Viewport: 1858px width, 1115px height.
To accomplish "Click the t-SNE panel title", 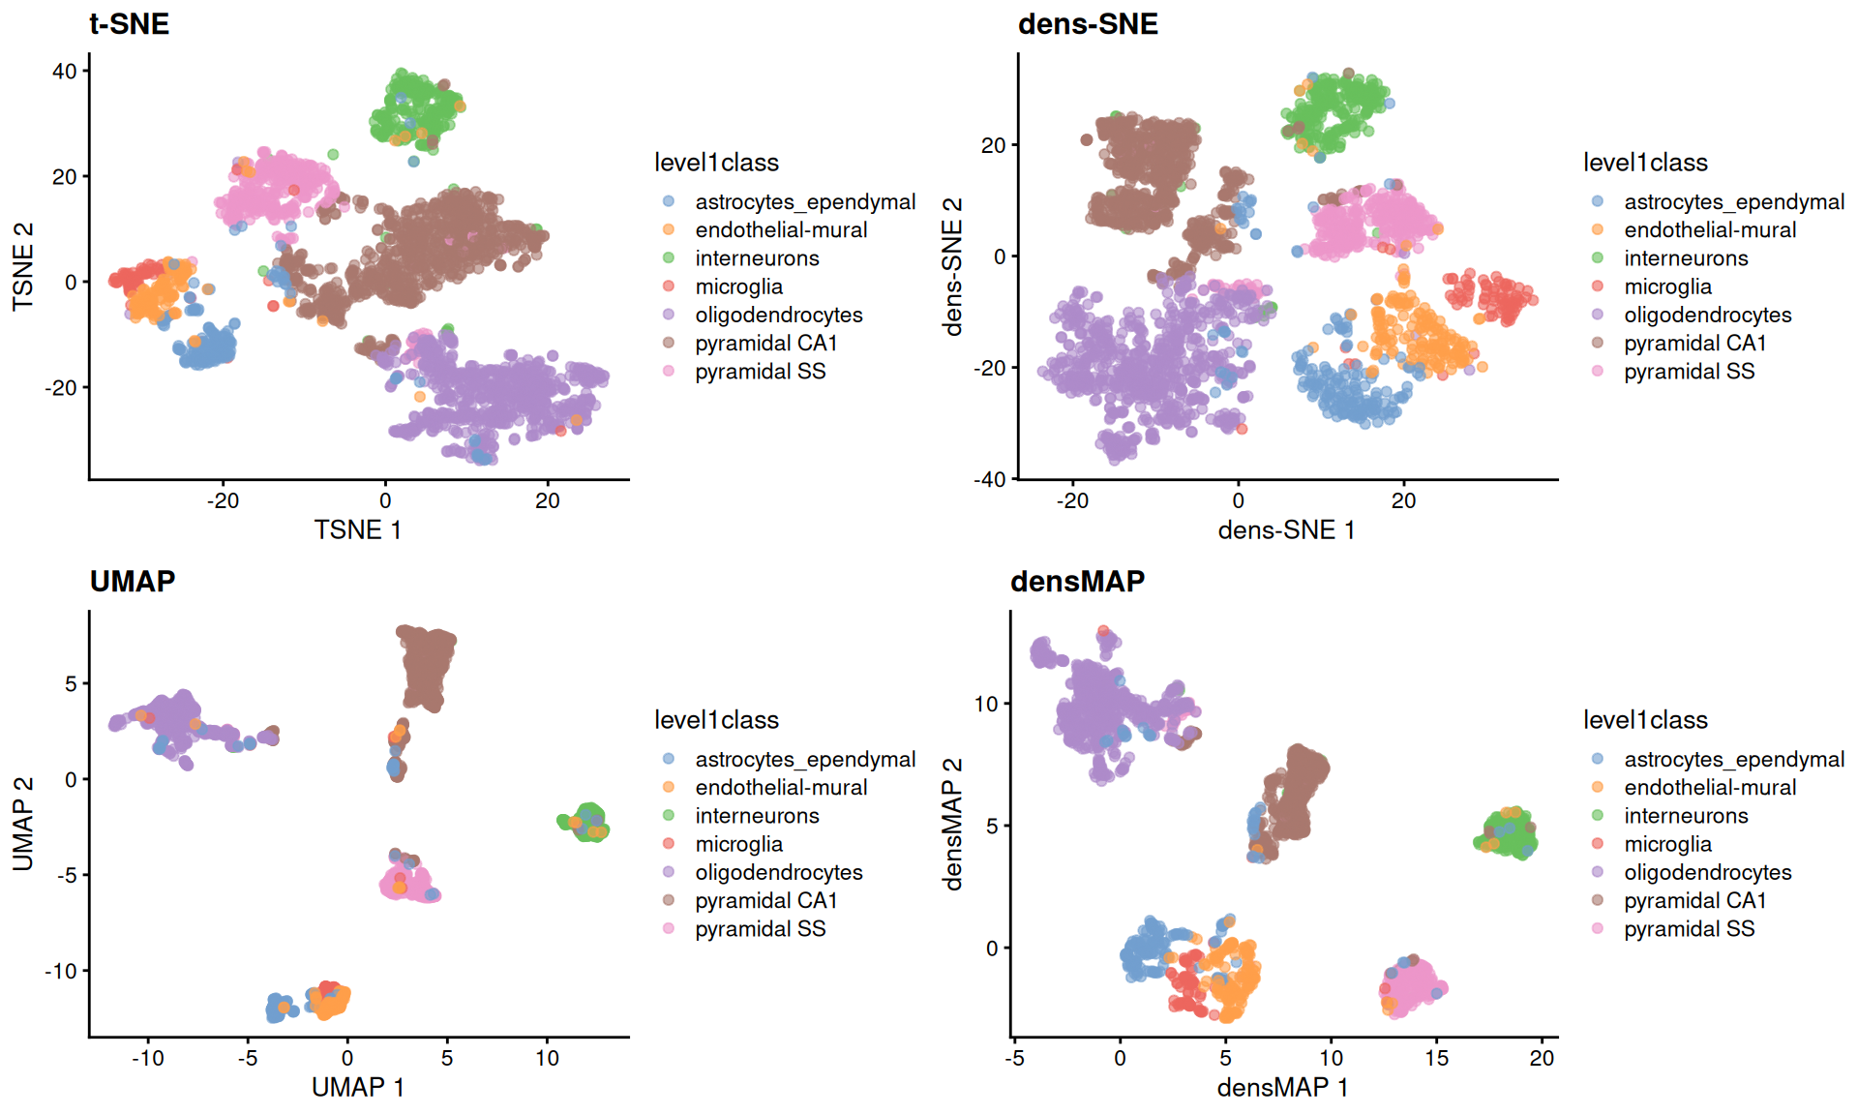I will pyautogui.click(x=129, y=23).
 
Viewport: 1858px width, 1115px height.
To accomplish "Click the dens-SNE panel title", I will pyautogui.click(x=1088, y=23).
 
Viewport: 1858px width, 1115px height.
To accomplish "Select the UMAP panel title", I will pyautogui.click(x=133, y=581).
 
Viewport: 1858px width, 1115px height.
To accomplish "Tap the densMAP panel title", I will pyautogui.click(x=1077, y=581).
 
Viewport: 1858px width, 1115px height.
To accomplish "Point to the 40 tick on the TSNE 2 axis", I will pyautogui.click(x=65, y=71).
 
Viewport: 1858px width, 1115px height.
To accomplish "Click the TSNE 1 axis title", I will pyautogui.click(x=357, y=529).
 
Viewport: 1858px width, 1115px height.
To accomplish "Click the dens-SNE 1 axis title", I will pyautogui.click(x=1286, y=529).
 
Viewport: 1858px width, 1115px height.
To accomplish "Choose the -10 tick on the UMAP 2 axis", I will pyautogui.click(x=60, y=971).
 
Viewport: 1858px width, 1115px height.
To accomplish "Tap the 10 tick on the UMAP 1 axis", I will pyautogui.click(x=547, y=1058).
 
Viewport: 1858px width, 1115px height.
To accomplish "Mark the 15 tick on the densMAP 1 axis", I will pyautogui.click(x=1437, y=1058).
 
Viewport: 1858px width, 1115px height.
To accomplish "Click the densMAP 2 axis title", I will pyautogui.click(x=953, y=824).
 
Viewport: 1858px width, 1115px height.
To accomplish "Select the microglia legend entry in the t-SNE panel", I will pyautogui.click(x=738, y=286).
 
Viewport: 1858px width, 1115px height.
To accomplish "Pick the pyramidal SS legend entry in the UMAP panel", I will pyautogui.click(x=760, y=929).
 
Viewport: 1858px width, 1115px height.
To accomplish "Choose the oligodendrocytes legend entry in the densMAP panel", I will pyautogui.click(x=1707, y=872).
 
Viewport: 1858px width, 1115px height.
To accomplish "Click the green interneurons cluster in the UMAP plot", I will pyautogui.click(x=586, y=822).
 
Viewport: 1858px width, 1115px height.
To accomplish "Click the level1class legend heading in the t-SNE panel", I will pyautogui.click(x=716, y=163).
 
